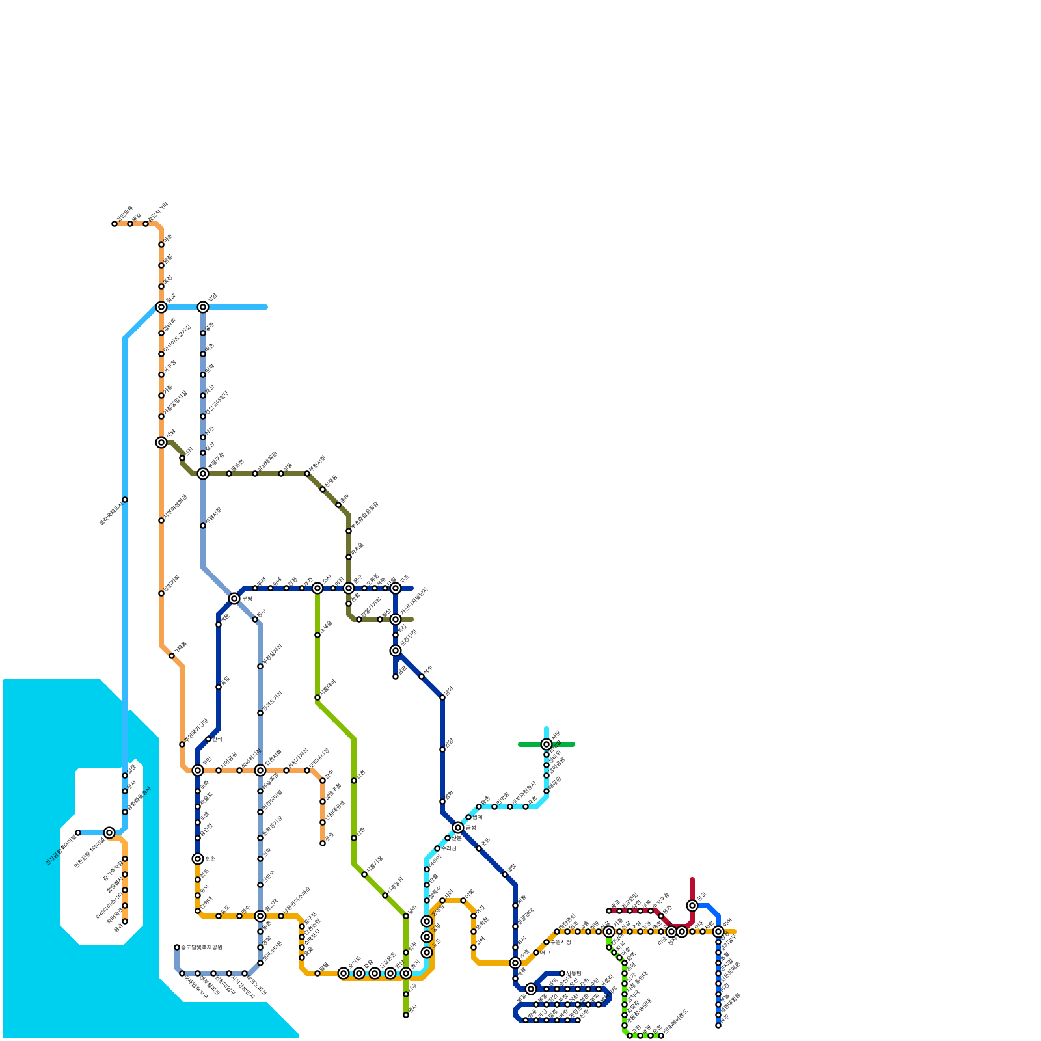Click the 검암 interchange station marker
click(x=161, y=307)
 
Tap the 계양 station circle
click(x=203, y=307)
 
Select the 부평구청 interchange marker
click(x=203, y=474)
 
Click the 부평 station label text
click(x=247, y=599)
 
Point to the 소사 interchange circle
click(x=318, y=588)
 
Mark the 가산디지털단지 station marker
click(x=396, y=619)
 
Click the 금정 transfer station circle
click(x=458, y=828)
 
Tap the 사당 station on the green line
click(x=547, y=744)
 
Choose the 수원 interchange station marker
click(x=515, y=963)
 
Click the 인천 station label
click(x=210, y=859)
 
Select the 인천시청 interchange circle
click(x=260, y=770)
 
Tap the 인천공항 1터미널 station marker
click(x=109, y=833)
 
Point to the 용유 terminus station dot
click(x=125, y=921)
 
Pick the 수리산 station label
click(x=448, y=848)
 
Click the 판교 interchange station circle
click(x=692, y=906)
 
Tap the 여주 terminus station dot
click(x=718, y=1025)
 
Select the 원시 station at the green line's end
click(x=406, y=1015)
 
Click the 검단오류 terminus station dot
click(x=115, y=224)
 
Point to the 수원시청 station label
click(x=560, y=942)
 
